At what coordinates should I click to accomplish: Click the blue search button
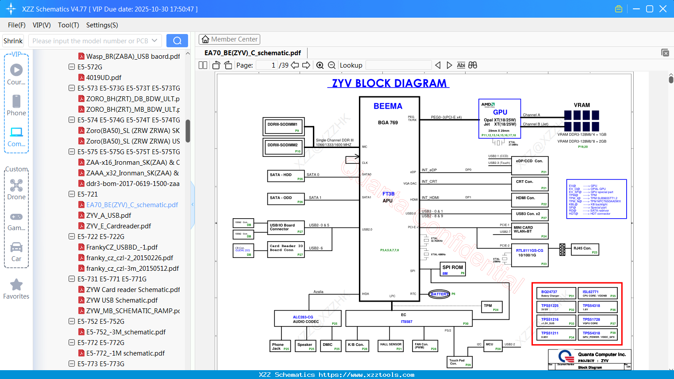177,41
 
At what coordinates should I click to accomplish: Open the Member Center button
229,39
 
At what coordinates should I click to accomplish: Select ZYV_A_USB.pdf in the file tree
108,216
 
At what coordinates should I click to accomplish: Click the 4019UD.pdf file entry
104,78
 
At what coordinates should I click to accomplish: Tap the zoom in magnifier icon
320,65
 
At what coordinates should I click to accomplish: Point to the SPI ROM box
453,269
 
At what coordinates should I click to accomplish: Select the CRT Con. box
530,184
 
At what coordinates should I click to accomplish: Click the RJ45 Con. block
585,250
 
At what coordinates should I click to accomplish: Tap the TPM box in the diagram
492,307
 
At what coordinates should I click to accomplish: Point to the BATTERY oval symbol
439,294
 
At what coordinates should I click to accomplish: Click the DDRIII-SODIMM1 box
283,126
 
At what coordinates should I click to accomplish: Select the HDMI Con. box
530,200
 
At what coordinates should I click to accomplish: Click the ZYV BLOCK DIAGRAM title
389,83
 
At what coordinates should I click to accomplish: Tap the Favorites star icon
16,285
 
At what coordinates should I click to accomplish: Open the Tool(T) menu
68,25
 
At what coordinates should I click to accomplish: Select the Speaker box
305,346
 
